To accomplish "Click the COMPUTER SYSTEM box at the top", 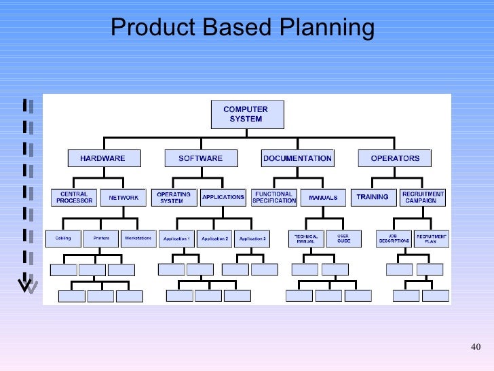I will pos(246,114).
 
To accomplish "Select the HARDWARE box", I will pos(102,158).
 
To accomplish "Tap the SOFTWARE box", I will pos(200,158).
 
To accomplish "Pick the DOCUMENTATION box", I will pos(297,158).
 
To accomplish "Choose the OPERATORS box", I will pos(395,158).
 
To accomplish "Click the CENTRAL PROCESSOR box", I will pos(73,197).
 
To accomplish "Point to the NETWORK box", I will pos(123,198).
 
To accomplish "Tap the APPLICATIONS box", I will pos(223,197).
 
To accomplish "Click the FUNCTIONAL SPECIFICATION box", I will pos(274,197).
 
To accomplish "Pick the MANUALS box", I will pos(323,198).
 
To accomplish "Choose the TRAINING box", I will pos(373,197).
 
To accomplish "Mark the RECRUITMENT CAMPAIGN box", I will pos(423,197).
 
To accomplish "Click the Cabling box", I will pos(62,238).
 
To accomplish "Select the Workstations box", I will pos(138,238).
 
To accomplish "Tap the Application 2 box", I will pos(215,238).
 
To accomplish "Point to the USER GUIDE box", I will pos(344,238).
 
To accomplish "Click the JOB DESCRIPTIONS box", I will pos(394,238).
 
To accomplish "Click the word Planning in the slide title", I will pos(326,28).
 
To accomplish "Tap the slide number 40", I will pos(475,349).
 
